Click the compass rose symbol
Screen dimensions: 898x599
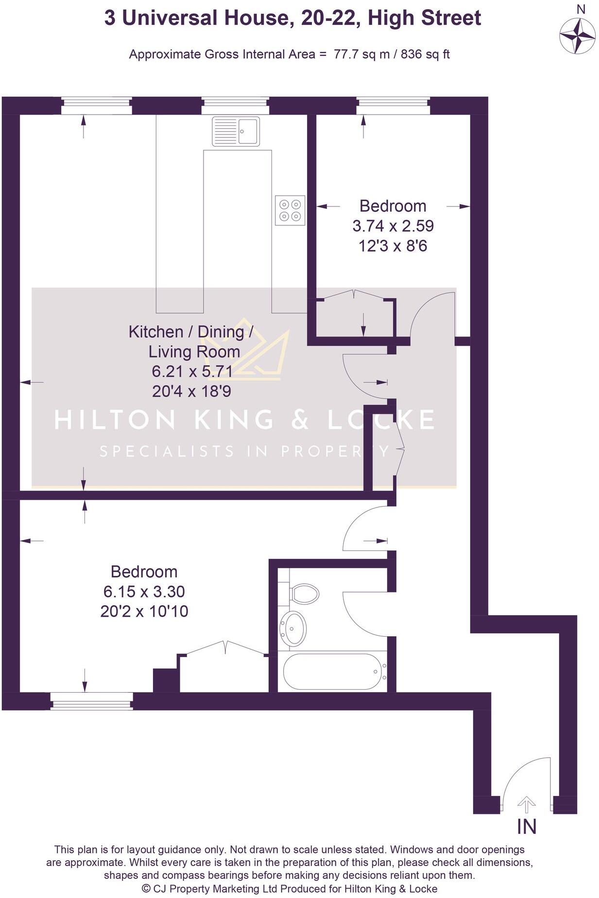[x=577, y=36]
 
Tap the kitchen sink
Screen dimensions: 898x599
[x=236, y=131]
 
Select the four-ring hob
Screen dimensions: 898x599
[x=290, y=210]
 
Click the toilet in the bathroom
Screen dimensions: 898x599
[x=305, y=593]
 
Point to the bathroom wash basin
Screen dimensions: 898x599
[x=294, y=629]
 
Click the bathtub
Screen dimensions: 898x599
[x=334, y=672]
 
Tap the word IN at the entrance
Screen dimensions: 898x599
[x=527, y=827]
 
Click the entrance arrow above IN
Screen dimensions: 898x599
[x=526, y=805]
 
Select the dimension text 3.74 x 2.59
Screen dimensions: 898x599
[x=393, y=226]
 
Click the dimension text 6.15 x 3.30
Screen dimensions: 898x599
[x=144, y=592]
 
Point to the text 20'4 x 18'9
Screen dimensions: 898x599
[x=191, y=391]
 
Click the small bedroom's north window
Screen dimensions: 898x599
[x=393, y=105]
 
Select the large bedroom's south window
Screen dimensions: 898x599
[x=91, y=701]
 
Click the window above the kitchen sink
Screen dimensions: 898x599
[x=235, y=105]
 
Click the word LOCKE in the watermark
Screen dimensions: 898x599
[x=381, y=420]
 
